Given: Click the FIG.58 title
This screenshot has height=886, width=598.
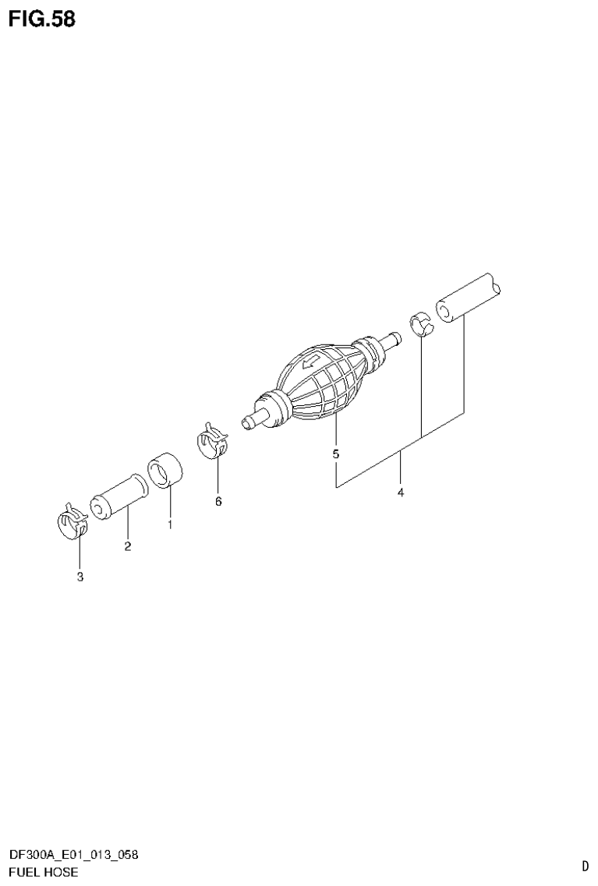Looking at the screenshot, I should pyautogui.click(x=42, y=19).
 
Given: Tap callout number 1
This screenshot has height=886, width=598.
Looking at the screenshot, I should pyautogui.click(x=169, y=525).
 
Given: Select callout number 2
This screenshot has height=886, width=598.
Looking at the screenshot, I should pyautogui.click(x=127, y=546).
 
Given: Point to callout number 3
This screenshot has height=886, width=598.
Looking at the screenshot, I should pyautogui.click(x=80, y=577).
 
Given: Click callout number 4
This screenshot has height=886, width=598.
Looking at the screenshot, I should pyautogui.click(x=400, y=492).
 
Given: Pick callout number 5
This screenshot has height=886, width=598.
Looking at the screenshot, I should pyautogui.click(x=336, y=454).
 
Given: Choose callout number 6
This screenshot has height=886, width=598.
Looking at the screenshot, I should pyautogui.click(x=218, y=501).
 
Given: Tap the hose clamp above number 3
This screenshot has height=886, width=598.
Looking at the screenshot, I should pyautogui.click(x=73, y=520).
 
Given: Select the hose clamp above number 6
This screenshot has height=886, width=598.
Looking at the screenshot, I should pyautogui.click(x=212, y=441).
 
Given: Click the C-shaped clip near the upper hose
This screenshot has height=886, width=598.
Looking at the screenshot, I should pyautogui.click(x=422, y=323).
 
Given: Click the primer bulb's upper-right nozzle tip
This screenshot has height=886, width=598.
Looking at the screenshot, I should pyautogui.click(x=395, y=338).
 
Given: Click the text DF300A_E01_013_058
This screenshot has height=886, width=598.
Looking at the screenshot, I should pyautogui.click(x=74, y=856).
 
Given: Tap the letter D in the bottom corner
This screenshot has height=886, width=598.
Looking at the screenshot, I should pyautogui.click(x=585, y=865).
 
